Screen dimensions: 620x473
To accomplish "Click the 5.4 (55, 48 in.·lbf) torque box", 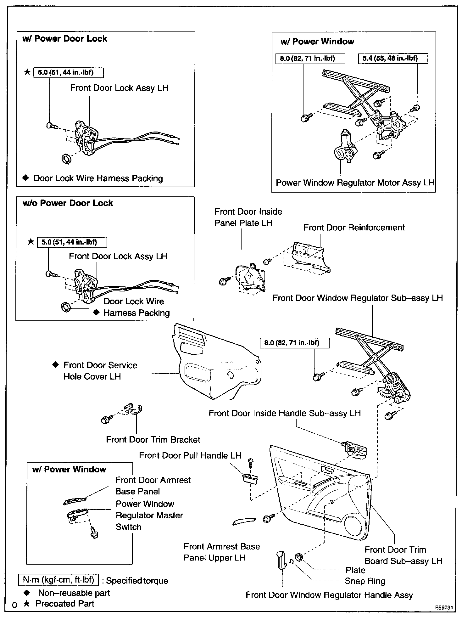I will tap(393, 59).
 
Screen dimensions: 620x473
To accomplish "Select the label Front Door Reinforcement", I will tap(354, 228).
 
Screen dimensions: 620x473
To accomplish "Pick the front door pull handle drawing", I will tap(250, 479).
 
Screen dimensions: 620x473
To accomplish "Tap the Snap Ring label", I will tap(365, 581).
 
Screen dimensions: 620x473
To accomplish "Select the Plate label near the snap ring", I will tap(355, 570).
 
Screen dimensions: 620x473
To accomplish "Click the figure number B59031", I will tap(444, 607).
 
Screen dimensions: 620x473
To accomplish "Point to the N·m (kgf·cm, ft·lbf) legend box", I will tap(58, 580).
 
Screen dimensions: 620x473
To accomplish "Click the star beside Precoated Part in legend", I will tap(27, 604).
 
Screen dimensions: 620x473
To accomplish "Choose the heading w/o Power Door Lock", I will tap(68, 203).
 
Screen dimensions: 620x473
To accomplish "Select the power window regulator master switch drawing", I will tap(76, 515).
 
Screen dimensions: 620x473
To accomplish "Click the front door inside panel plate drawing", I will tap(250, 277).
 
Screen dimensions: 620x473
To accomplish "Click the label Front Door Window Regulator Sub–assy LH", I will tap(357, 298).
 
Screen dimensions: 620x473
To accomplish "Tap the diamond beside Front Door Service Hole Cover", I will tap(55, 365).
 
